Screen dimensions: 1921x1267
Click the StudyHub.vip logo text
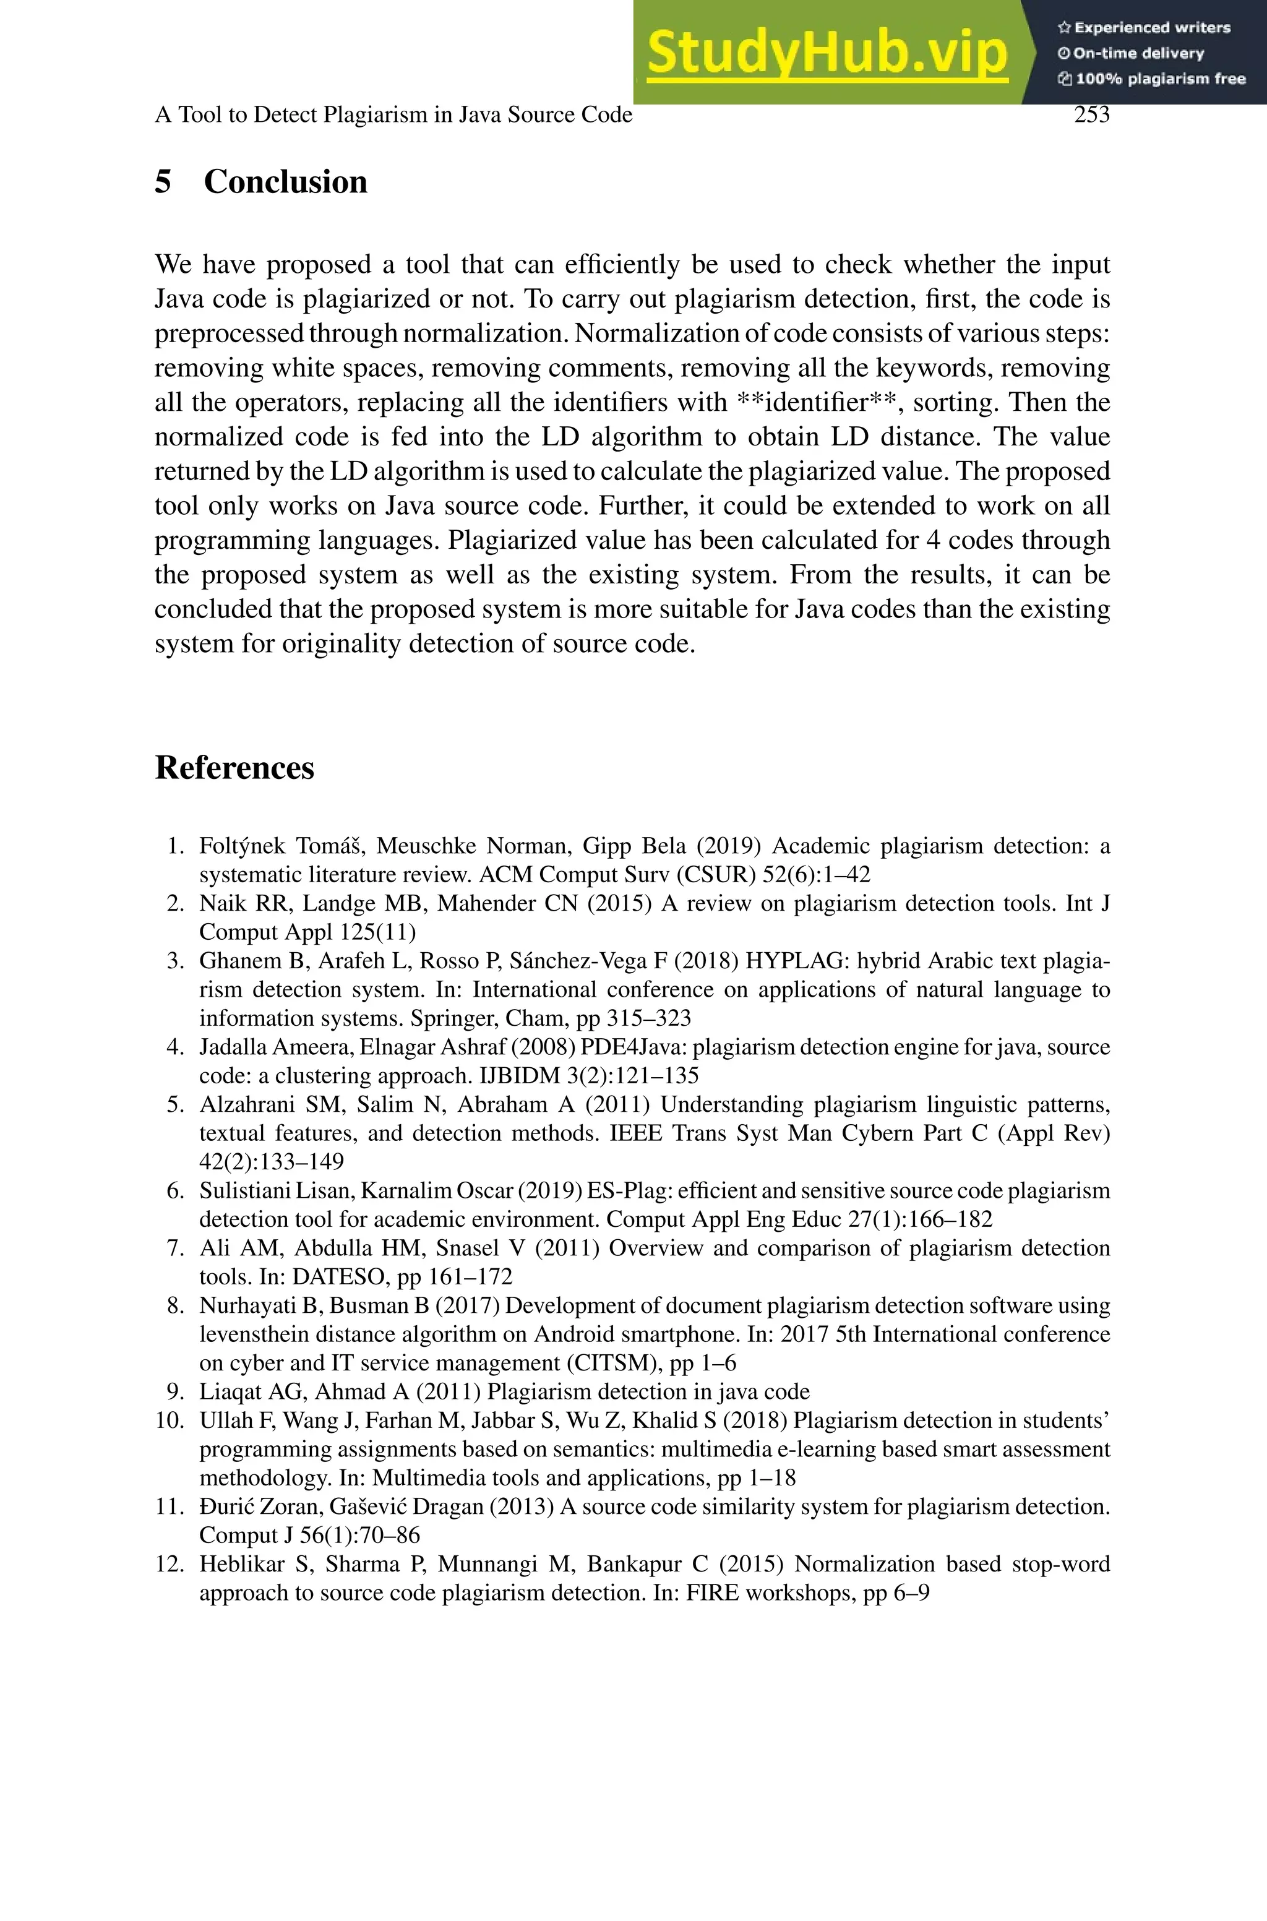[x=827, y=53]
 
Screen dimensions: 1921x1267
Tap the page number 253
[x=1092, y=114]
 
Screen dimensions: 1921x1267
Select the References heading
[x=234, y=767]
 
